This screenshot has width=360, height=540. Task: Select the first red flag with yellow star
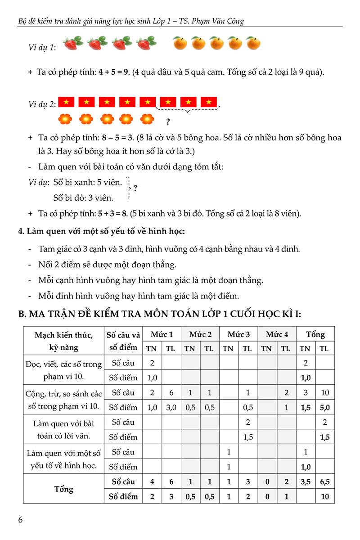[x=66, y=102]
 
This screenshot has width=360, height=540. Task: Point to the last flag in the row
[x=209, y=102]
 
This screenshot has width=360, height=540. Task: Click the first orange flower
[x=66, y=120]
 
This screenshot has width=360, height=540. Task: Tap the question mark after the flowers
[x=168, y=121]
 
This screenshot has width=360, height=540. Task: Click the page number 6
[x=21, y=520]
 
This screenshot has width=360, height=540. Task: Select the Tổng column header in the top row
[x=315, y=334]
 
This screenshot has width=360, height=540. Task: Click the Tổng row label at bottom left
[x=64, y=489]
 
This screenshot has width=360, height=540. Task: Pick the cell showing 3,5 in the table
[x=305, y=481]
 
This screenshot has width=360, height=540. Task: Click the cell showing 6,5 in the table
[x=325, y=481]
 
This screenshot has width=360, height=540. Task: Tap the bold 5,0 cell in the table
[x=325, y=407]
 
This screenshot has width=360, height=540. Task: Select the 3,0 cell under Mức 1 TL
[x=171, y=407]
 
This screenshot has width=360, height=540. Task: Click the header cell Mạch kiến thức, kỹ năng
[x=64, y=341]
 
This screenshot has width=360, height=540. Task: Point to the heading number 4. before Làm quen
[x=21, y=232]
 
